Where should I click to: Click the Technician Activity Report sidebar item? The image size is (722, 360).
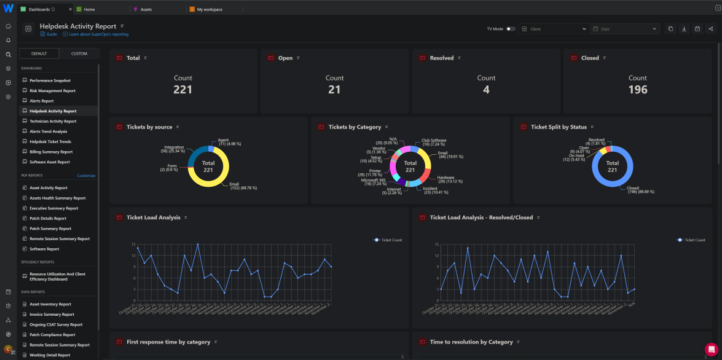(53, 121)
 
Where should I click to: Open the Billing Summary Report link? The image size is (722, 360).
(51, 152)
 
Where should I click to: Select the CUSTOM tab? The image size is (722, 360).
(79, 53)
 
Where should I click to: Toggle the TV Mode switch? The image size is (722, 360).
(510, 29)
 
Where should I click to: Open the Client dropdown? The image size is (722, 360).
(553, 29)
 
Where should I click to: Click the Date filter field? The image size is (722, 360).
(624, 29)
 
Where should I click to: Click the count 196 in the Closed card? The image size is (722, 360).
(637, 90)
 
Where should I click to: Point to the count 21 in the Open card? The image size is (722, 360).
(334, 90)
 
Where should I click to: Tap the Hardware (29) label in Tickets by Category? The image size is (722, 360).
(445, 179)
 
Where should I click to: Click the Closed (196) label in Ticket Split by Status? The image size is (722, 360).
(641, 190)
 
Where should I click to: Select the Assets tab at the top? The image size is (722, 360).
(146, 10)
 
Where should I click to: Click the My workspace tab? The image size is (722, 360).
(210, 10)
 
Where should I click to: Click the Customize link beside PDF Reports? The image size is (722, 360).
(86, 176)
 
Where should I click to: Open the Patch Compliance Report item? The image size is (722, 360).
(52, 335)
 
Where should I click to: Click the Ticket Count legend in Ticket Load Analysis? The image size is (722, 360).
(388, 240)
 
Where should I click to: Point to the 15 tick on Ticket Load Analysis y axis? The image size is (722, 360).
(133, 245)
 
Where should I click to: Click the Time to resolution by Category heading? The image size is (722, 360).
(471, 342)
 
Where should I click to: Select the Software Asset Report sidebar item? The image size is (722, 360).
(50, 162)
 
